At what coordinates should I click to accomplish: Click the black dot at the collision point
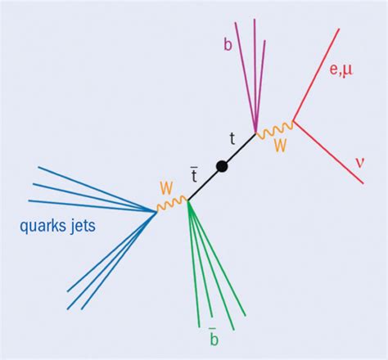point(221,167)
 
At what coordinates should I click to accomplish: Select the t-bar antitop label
point(195,173)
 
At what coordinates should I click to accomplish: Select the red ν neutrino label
point(359,162)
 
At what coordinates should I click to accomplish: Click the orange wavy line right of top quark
point(275,128)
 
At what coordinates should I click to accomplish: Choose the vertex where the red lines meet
point(293,124)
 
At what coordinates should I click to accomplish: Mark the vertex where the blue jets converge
point(156,211)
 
